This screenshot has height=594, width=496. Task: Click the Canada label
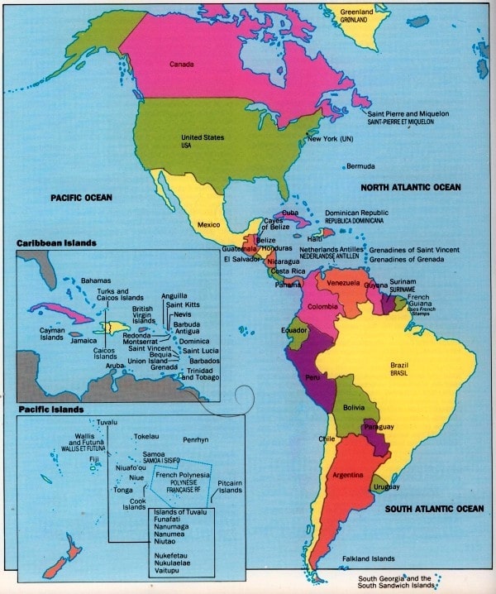[x=181, y=64]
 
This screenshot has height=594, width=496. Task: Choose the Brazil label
[x=400, y=366]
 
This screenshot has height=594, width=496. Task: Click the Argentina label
[x=347, y=476]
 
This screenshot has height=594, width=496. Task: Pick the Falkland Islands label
[x=369, y=558]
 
